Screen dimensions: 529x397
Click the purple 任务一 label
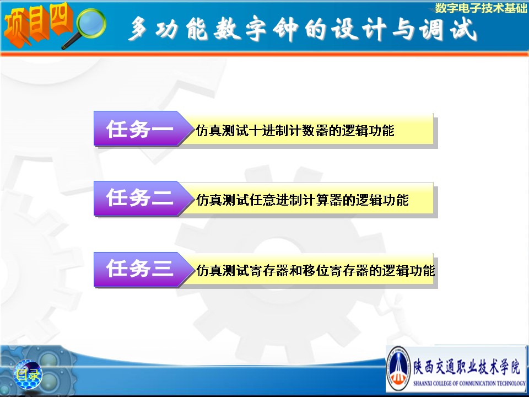139,129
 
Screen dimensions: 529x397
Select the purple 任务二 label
139,197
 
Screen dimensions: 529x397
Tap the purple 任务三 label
139,269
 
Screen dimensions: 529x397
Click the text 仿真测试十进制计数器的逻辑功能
295,131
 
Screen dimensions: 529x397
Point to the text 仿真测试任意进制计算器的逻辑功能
303,200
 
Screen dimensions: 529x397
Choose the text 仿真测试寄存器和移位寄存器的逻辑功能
315,270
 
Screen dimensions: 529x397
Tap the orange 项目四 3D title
38,24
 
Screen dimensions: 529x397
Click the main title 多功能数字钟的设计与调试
303,29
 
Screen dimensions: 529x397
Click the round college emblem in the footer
398,369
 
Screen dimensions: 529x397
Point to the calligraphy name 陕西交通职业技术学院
467,367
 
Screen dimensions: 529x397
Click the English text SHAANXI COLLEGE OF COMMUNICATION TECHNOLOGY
469,384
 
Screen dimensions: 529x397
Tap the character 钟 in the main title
287,29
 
